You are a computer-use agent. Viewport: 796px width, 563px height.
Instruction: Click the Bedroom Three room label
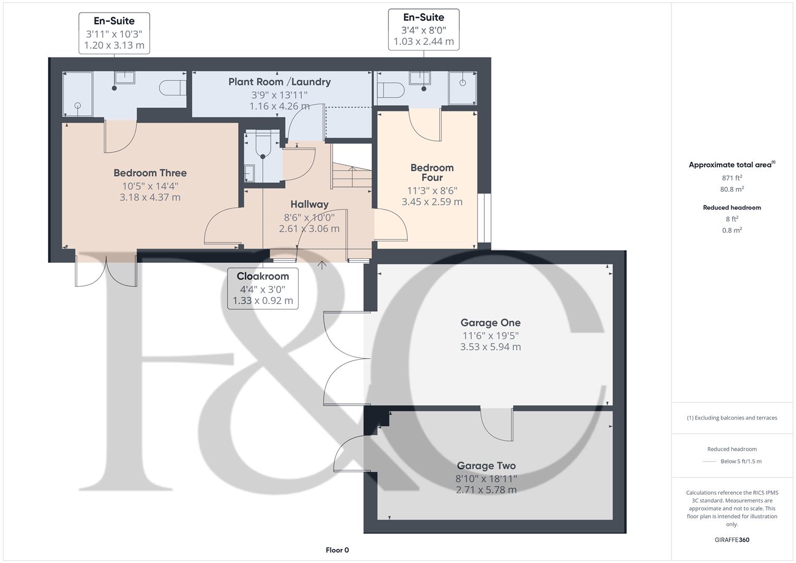(150, 173)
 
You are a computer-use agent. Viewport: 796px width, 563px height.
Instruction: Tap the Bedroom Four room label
(432, 172)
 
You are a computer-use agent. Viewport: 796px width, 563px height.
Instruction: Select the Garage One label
(490, 323)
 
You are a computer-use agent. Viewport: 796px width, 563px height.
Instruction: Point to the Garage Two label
(486, 466)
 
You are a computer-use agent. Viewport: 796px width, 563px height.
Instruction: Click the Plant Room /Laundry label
(279, 82)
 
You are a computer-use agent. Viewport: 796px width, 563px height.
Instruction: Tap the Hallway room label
(309, 204)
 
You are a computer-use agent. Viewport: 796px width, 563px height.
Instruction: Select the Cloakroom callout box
(263, 288)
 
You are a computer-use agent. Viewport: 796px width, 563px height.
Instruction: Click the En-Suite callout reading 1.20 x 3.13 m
(114, 33)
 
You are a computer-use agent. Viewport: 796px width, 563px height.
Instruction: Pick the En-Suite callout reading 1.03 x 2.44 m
(423, 29)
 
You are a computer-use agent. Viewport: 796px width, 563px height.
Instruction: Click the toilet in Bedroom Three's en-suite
(173, 88)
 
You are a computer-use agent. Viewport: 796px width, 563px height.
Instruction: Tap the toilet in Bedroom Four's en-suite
(391, 90)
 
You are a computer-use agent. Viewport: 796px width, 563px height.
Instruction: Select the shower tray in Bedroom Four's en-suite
(462, 88)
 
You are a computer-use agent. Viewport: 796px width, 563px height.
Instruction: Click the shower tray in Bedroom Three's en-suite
(78, 94)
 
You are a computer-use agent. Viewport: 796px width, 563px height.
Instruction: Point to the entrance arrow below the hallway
(322, 265)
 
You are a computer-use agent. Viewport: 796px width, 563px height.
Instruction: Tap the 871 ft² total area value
(732, 178)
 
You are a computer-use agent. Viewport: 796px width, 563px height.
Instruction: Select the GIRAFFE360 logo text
(732, 540)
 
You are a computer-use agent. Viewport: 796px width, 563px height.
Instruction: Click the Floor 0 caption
(337, 550)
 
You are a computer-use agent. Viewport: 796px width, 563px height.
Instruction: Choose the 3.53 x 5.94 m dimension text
(490, 347)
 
